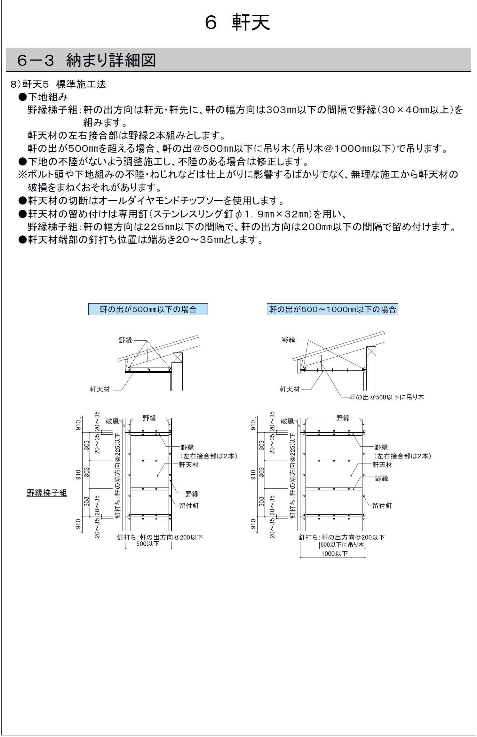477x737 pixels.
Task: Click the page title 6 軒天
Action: click(x=238, y=22)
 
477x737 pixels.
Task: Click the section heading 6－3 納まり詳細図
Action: click(x=86, y=60)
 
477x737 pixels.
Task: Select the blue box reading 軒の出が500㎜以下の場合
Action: click(x=148, y=309)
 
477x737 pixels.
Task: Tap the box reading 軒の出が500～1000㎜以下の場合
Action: click(x=332, y=309)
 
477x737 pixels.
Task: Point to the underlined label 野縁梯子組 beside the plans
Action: click(x=47, y=493)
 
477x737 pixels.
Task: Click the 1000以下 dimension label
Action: click(x=334, y=554)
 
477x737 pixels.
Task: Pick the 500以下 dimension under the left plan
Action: click(x=147, y=544)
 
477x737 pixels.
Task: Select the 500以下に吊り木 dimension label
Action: click(x=342, y=544)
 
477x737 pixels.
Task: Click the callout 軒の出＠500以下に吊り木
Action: click(x=386, y=397)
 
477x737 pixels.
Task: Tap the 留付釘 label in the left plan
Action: click(x=189, y=506)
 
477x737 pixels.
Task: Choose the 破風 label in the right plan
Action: click(x=287, y=421)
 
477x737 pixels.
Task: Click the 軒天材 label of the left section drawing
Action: click(x=100, y=389)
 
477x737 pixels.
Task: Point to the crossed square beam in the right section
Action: click(x=371, y=352)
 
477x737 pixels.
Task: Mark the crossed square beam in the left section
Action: click(x=178, y=357)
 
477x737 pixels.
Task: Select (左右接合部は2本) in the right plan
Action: click(x=403, y=456)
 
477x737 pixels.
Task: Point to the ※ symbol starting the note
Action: click(x=23, y=175)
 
